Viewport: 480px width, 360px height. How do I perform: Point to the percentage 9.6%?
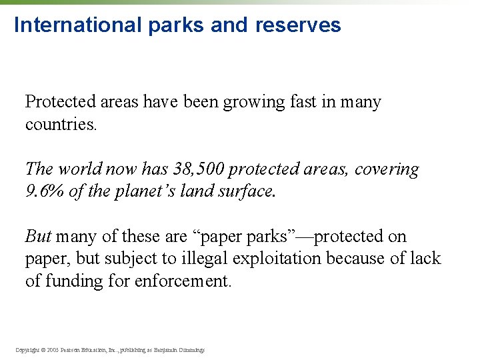coord(43,192)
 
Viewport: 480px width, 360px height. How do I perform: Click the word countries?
coord(61,125)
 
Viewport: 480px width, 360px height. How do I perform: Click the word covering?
coord(387,169)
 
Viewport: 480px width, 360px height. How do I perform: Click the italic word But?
coord(38,237)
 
